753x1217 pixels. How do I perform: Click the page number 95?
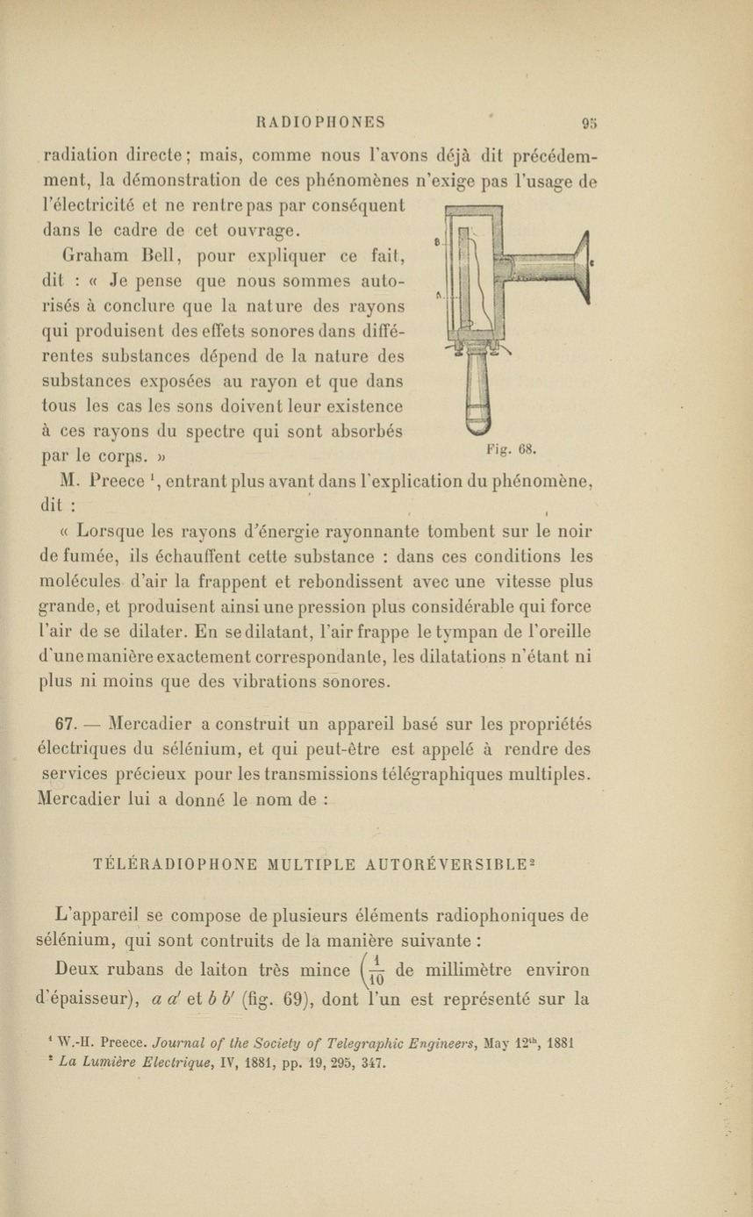click(588, 123)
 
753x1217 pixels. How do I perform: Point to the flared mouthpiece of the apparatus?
click(580, 262)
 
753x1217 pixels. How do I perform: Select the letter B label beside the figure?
click(437, 240)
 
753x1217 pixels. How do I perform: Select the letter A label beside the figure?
click(437, 296)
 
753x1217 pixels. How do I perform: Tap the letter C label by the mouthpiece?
click(594, 261)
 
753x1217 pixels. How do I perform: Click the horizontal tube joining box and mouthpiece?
click(539, 264)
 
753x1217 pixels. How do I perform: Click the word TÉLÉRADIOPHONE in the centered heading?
click(176, 864)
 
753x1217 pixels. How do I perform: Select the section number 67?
click(68, 725)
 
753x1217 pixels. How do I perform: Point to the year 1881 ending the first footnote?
click(558, 1044)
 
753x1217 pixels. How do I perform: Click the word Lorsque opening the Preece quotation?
click(109, 532)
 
